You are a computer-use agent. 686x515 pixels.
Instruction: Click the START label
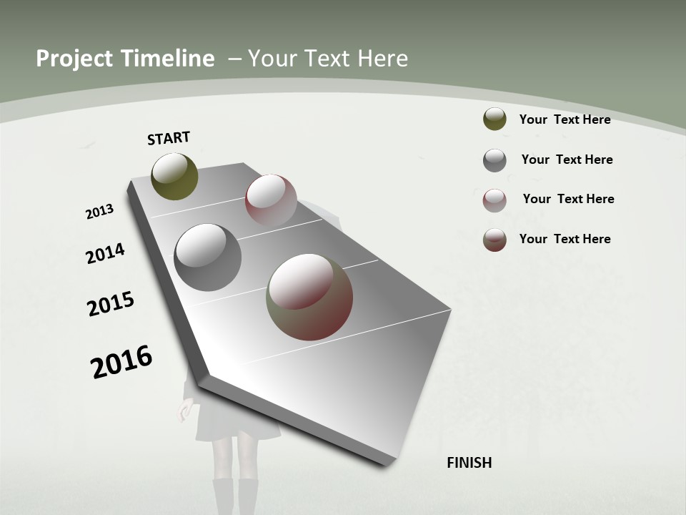(x=169, y=138)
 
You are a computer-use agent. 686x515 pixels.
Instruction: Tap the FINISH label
(x=469, y=463)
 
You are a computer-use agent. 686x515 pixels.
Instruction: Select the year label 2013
(x=99, y=212)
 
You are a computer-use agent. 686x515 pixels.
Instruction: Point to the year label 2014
(x=105, y=253)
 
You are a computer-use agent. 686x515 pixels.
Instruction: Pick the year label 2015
(x=111, y=304)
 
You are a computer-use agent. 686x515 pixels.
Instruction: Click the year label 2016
(x=121, y=361)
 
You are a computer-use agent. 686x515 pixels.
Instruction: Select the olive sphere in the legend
(x=494, y=119)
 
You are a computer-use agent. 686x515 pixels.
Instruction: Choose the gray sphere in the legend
(x=494, y=160)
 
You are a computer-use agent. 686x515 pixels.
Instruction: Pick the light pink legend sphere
(x=494, y=200)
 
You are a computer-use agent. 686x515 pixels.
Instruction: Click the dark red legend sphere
(x=494, y=240)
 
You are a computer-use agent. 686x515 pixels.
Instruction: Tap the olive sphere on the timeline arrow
(x=174, y=176)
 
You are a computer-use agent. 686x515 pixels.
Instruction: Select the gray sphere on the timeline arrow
(x=208, y=257)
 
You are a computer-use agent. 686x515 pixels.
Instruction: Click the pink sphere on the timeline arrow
(x=271, y=199)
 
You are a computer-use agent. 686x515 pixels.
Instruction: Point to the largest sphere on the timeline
(x=309, y=297)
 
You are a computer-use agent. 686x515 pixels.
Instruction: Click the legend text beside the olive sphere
(x=565, y=119)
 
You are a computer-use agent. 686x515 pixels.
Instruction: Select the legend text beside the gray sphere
(x=567, y=160)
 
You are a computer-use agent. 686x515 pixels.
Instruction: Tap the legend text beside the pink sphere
(x=568, y=199)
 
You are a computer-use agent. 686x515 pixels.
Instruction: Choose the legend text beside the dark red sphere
(x=565, y=239)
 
